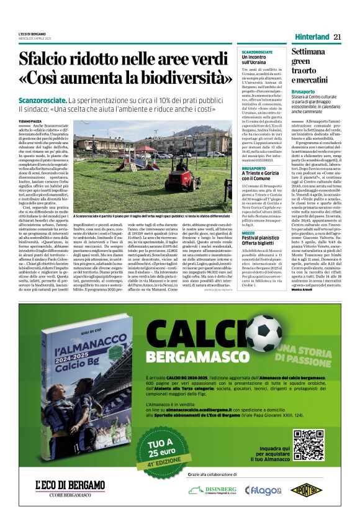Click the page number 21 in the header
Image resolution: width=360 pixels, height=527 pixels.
click(337, 36)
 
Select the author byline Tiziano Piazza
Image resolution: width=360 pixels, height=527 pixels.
click(30, 121)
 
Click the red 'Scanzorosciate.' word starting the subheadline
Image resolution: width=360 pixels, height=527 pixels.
click(42, 101)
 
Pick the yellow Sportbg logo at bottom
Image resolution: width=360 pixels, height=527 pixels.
click(304, 490)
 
